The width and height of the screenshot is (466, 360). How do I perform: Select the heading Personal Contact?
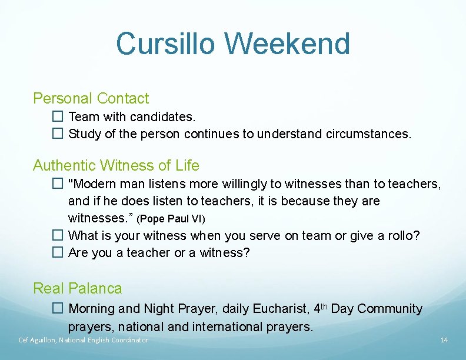click(91, 98)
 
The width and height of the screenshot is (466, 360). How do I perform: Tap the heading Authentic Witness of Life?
click(116, 165)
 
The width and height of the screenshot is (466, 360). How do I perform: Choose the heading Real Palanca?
click(78, 288)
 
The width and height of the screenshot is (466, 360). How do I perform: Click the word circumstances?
click(368, 134)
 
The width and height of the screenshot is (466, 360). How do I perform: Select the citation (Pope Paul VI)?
click(171, 219)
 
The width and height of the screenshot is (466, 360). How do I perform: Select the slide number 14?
click(444, 340)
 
